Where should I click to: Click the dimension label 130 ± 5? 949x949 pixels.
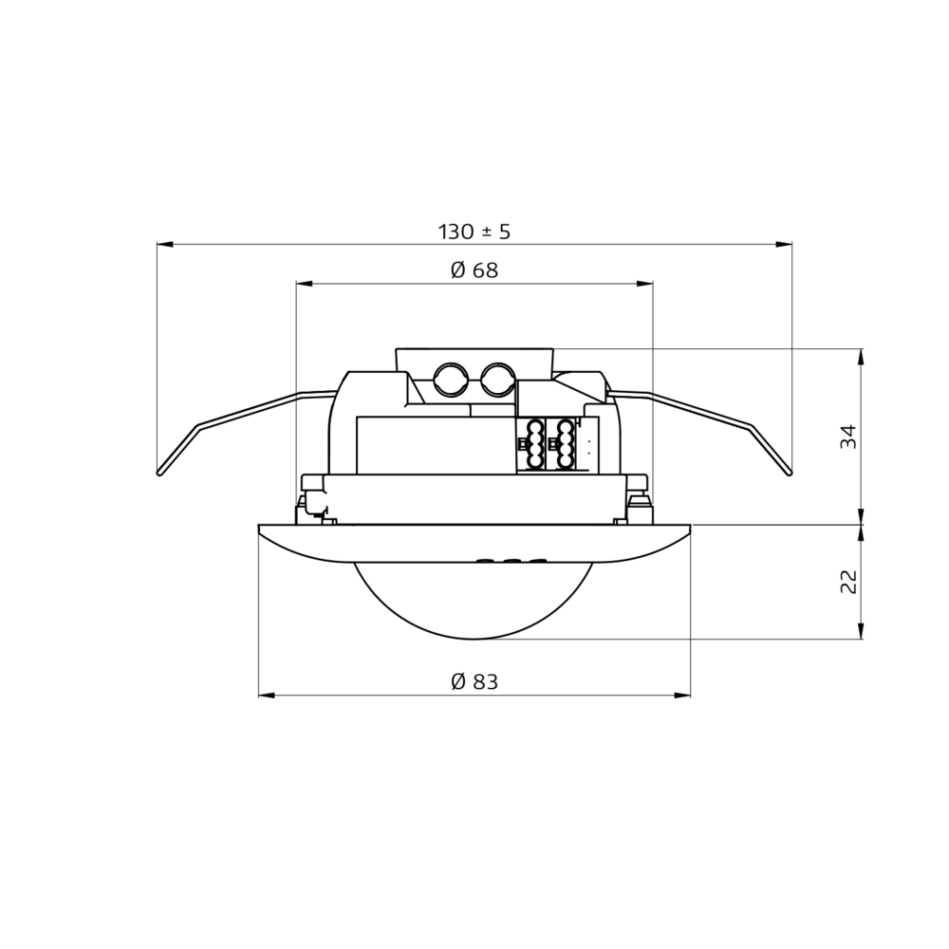pyautogui.click(x=474, y=232)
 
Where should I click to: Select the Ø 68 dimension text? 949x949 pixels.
pyautogui.click(x=474, y=270)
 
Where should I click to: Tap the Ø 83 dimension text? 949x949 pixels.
pyautogui.click(x=474, y=682)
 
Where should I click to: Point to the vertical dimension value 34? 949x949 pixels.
pyautogui.click(x=849, y=437)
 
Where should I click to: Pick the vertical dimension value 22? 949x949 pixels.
pyautogui.click(x=849, y=581)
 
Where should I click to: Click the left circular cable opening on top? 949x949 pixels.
pyautogui.click(x=450, y=380)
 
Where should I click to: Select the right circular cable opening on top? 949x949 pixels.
pyautogui.click(x=498, y=380)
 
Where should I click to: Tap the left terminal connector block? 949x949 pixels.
pyautogui.click(x=530, y=444)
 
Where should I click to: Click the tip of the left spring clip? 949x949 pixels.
pyautogui.click(x=159, y=473)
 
